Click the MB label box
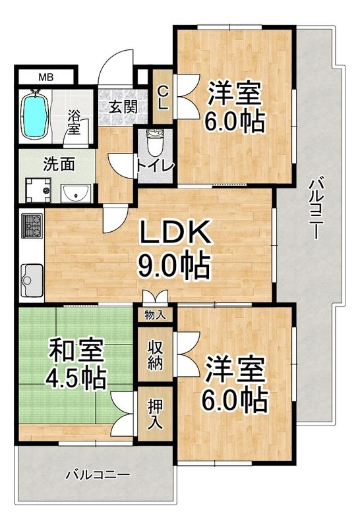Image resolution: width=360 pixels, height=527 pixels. click(x=45, y=78)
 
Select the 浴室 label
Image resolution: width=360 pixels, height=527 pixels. click(x=73, y=122)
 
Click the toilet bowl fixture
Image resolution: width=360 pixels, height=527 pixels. click(x=156, y=142)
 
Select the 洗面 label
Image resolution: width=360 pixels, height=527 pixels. click(x=59, y=163)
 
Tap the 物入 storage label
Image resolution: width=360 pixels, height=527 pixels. click(x=155, y=315)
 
